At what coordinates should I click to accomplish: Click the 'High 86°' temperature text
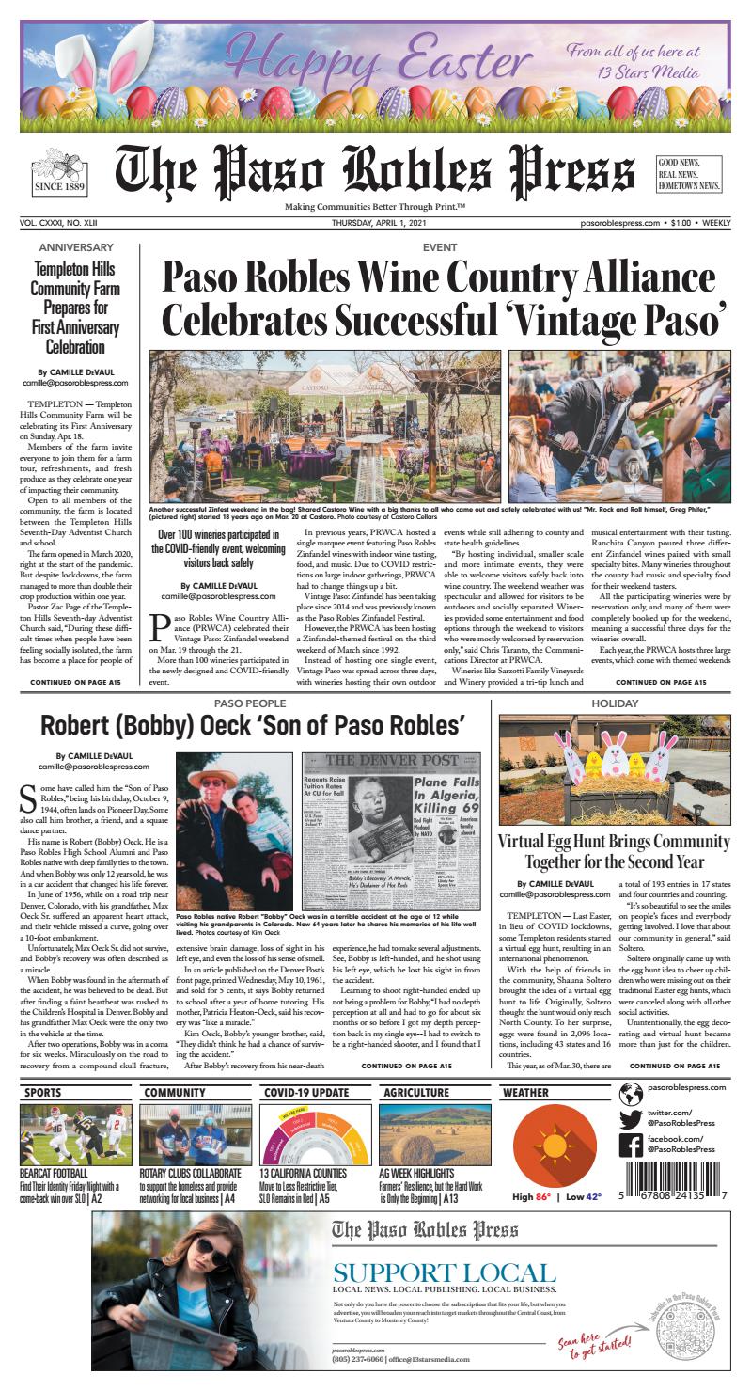coord(532,1196)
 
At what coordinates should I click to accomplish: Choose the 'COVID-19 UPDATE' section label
coord(302,1067)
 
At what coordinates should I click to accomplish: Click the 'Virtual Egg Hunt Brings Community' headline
coord(615,842)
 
